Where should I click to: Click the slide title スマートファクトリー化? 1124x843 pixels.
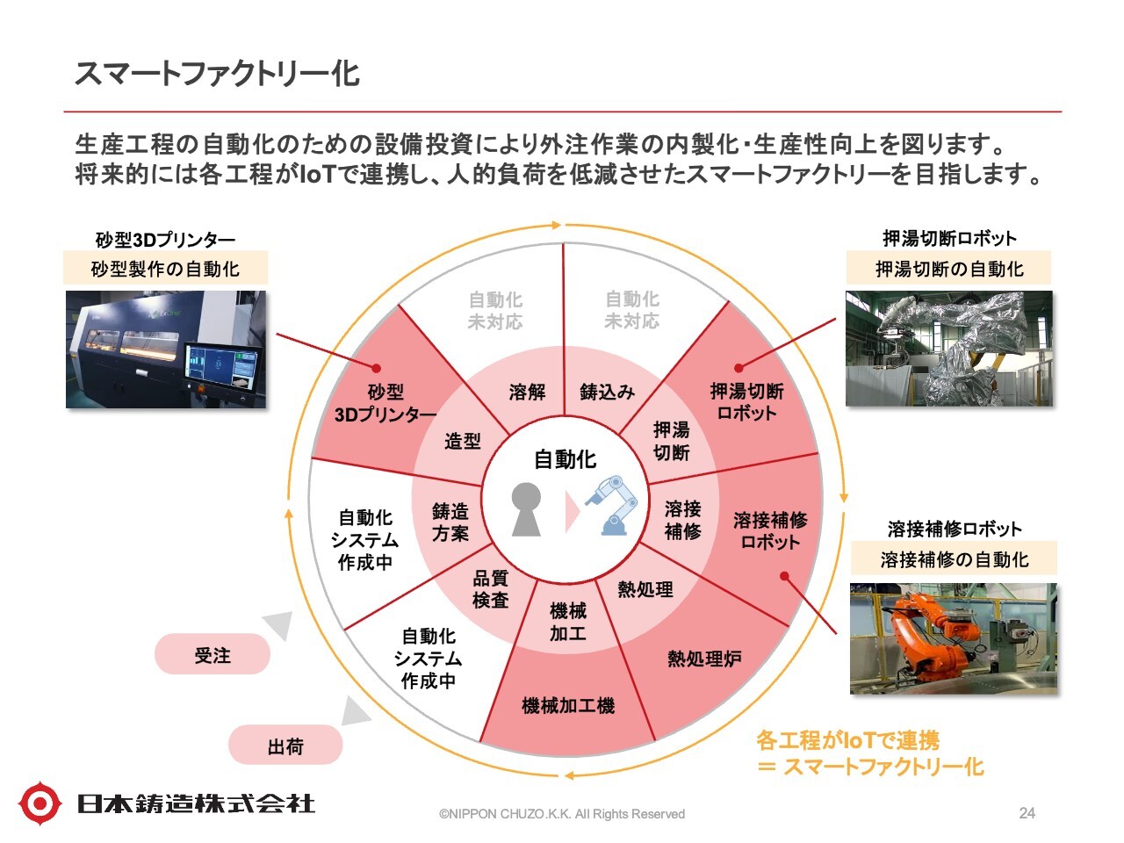pyautogui.click(x=217, y=74)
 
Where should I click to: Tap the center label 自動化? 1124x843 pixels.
pyautogui.click(x=566, y=459)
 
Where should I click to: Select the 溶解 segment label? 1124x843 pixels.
pyautogui.click(x=527, y=392)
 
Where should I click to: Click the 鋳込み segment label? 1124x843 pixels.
pyautogui.click(x=607, y=392)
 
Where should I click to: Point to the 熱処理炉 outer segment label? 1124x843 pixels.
pyautogui.click(x=704, y=659)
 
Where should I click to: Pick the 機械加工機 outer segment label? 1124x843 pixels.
pyautogui.click(x=568, y=705)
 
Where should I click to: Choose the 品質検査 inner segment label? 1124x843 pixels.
pyautogui.click(x=490, y=589)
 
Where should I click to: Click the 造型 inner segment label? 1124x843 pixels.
pyautogui.click(x=463, y=441)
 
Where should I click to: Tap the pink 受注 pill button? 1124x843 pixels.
pyautogui.click(x=213, y=655)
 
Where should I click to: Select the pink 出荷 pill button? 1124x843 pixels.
pyautogui.click(x=285, y=746)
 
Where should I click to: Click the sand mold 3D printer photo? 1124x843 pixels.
pyautogui.click(x=165, y=349)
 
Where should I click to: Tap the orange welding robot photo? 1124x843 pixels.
pyautogui.click(x=954, y=639)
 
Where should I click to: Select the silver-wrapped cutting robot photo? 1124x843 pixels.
pyautogui.click(x=948, y=349)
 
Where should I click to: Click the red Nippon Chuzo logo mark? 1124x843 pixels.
pyautogui.click(x=40, y=803)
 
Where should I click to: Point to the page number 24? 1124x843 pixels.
pyautogui.click(x=1027, y=813)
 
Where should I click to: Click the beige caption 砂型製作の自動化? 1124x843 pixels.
pyautogui.click(x=165, y=269)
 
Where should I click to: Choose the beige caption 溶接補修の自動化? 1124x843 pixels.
pyautogui.click(x=954, y=559)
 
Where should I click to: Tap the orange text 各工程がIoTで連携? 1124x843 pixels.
pyautogui.click(x=847, y=740)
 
